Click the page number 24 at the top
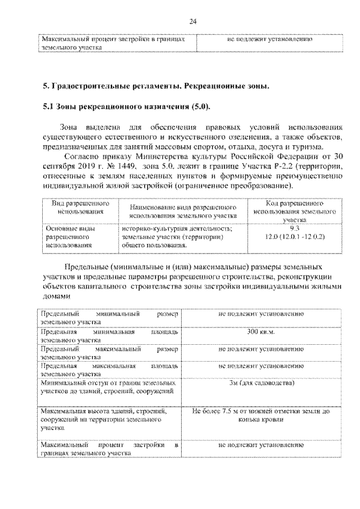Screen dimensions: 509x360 pos(192,21)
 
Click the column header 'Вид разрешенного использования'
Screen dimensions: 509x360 pos(79,207)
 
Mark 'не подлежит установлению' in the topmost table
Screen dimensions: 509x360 pos(269,40)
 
